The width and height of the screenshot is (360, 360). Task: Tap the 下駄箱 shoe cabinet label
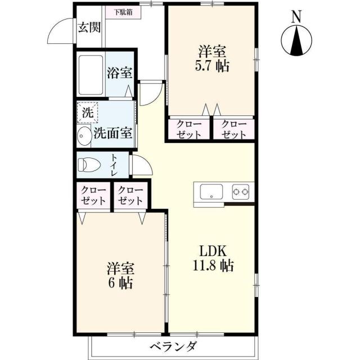[123, 12]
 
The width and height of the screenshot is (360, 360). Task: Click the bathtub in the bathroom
[89, 75]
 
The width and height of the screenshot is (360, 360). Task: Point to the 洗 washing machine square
[87, 111]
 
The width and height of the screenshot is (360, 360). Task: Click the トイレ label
[114, 165]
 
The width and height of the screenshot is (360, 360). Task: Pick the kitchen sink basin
[210, 192]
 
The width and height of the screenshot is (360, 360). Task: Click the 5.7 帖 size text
[212, 66]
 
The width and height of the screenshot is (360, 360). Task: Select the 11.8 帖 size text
[211, 265]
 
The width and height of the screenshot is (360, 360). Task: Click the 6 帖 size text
[120, 283]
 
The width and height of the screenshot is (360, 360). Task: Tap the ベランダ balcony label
[173, 346]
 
